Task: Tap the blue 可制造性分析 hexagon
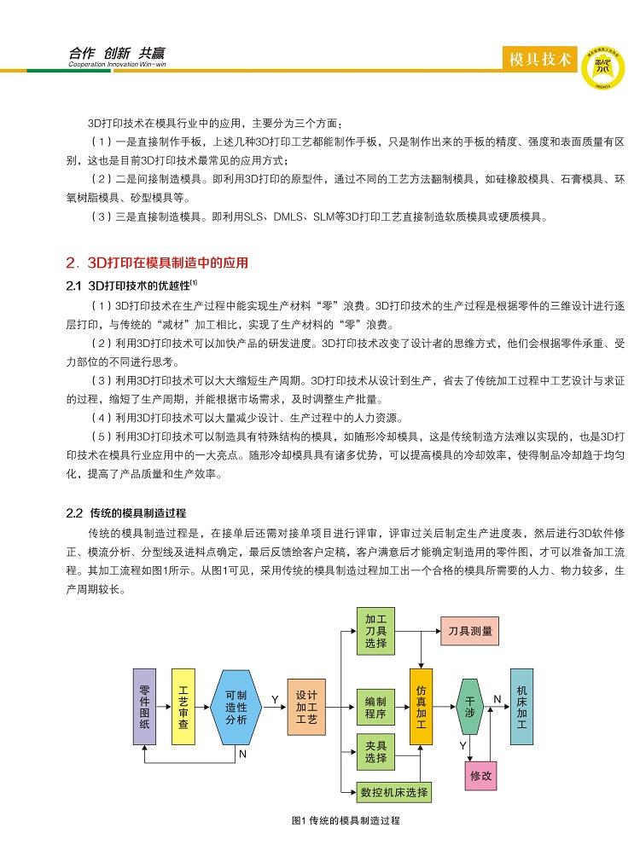[236, 706]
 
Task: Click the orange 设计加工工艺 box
[306, 707]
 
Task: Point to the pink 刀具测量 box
[470, 631]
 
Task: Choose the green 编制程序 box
[375, 707]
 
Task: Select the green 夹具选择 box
[375, 752]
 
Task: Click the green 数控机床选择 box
[394, 791]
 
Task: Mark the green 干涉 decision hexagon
[470, 707]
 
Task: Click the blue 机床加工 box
[522, 707]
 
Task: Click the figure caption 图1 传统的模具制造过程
[346, 820]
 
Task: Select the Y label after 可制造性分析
[275, 699]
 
